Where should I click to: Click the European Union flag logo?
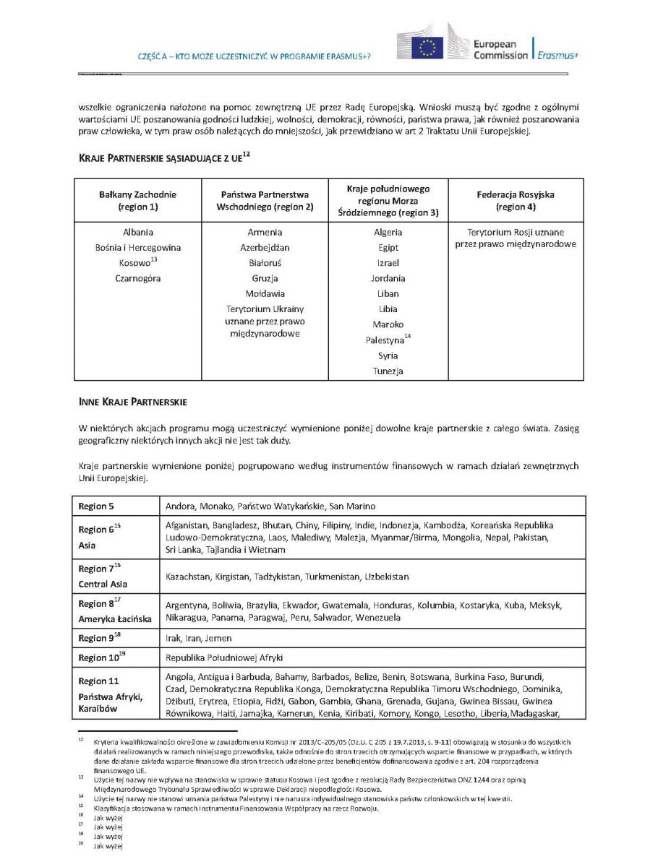(427, 48)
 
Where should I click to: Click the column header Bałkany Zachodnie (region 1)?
(137, 200)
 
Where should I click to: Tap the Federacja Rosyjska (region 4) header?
(516, 200)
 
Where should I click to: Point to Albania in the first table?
(137, 233)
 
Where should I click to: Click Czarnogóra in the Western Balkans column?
(137, 278)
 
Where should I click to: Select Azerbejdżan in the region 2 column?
(265, 248)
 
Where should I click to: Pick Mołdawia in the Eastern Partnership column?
(265, 293)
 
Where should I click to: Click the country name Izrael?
(388, 263)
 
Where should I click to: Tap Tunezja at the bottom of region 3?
(388, 371)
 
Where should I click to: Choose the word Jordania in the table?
(388, 278)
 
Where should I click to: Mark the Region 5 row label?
(97, 506)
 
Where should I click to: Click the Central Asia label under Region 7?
(103, 584)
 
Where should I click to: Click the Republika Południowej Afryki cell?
(225, 658)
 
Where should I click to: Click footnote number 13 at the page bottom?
(81, 779)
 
